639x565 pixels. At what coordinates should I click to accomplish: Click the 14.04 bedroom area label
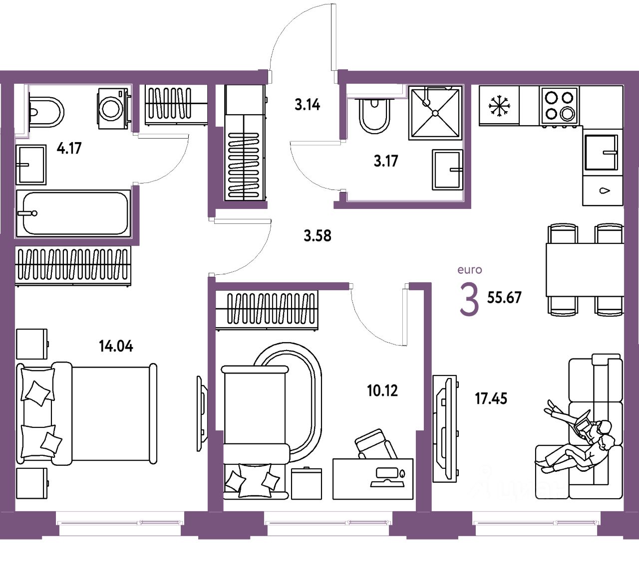click(x=116, y=346)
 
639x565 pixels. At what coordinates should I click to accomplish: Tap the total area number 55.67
click(x=504, y=297)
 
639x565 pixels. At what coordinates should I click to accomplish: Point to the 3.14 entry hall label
click(x=307, y=105)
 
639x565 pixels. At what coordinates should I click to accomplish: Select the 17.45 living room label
click(x=491, y=398)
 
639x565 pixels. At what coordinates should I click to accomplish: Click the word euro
click(x=470, y=270)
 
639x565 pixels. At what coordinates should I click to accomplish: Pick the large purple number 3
click(x=469, y=300)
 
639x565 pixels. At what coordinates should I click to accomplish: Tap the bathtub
click(x=73, y=213)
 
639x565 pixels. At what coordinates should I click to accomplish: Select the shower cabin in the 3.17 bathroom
click(x=435, y=113)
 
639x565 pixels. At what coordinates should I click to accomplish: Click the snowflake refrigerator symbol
click(x=499, y=106)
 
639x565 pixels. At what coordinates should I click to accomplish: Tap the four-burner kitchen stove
click(x=559, y=106)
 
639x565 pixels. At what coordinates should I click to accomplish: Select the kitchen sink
click(x=602, y=152)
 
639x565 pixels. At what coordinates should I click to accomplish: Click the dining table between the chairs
click(x=584, y=269)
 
